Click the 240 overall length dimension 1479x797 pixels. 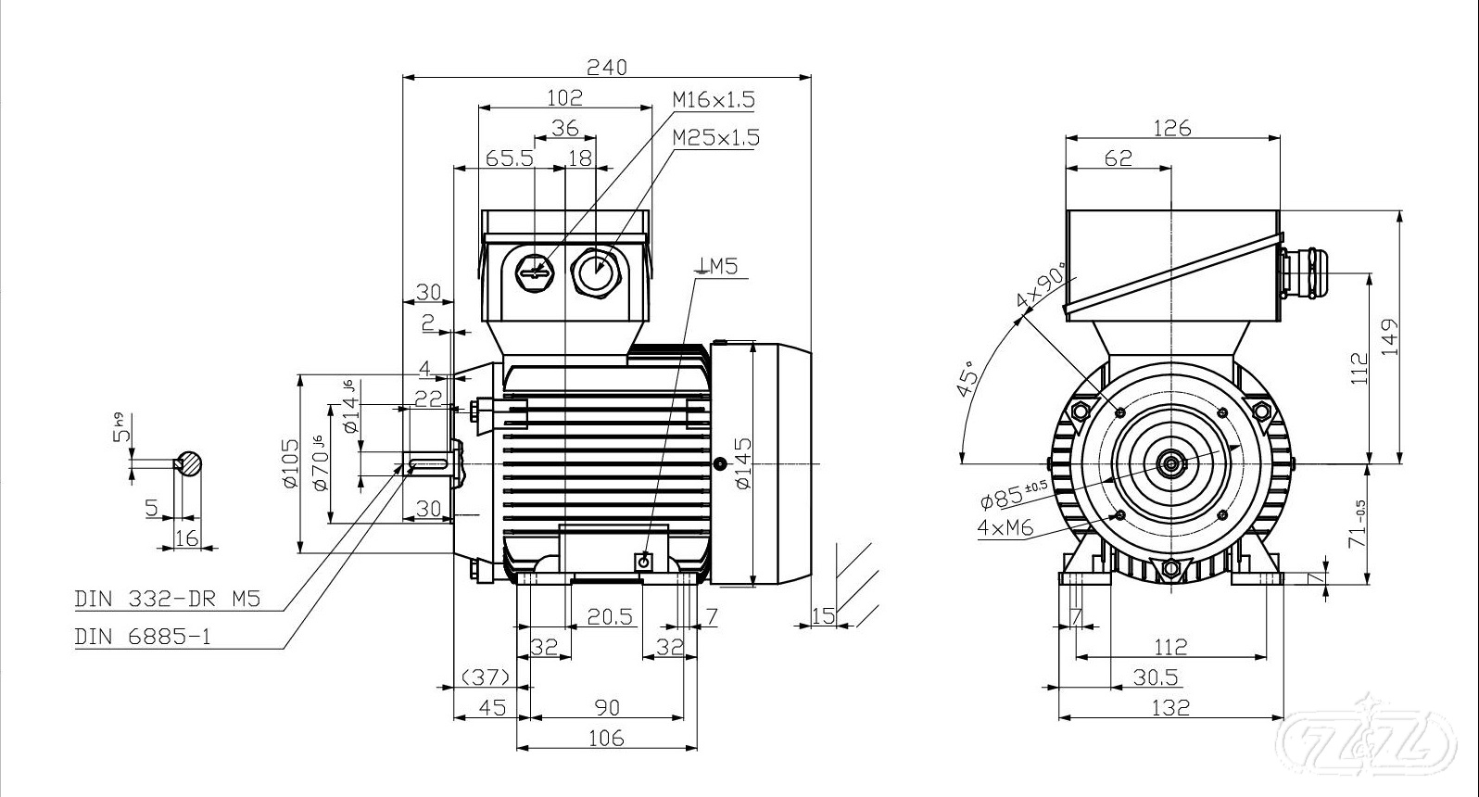pyautogui.click(x=606, y=67)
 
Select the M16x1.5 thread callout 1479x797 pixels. pyautogui.click(x=713, y=99)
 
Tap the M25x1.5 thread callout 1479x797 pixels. pyautogui.click(x=715, y=137)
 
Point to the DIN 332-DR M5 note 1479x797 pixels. pyautogui.click(x=167, y=599)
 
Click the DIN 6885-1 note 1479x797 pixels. pyautogui.click(x=143, y=637)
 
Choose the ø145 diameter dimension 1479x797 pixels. pyautogui.click(x=742, y=463)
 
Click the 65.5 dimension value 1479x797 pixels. pyautogui.click(x=510, y=158)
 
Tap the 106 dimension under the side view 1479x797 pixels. pyautogui.click(x=606, y=739)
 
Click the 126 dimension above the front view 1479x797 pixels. pyautogui.click(x=1172, y=128)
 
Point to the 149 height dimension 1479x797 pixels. pyautogui.click(x=1388, y=337)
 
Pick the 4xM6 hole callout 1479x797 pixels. pyautogui.click(x=1005, y=527)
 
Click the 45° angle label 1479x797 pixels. pyautogui.click(x=967, y=379)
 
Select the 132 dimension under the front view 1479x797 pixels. pyautogui.click(x=1170, y=707)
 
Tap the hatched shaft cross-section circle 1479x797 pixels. pyautogui.click(x=189, y=462)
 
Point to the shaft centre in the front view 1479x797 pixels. pyautogui.click(x=1172, y=462)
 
